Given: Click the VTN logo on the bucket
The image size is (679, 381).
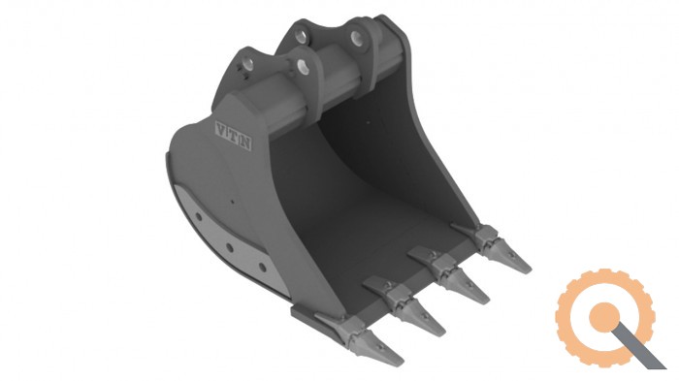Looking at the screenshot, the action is (x=234, y=136).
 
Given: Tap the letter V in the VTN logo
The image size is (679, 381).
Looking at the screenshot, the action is (x=221, y=130).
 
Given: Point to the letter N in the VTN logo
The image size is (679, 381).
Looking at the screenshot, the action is (x=245, y=142).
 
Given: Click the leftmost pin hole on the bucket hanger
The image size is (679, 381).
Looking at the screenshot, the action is (x=248, y=64).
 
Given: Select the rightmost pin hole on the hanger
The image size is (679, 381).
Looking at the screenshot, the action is (x=356, y=39).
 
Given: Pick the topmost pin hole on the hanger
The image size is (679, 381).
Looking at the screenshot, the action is (x=302, y=36).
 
